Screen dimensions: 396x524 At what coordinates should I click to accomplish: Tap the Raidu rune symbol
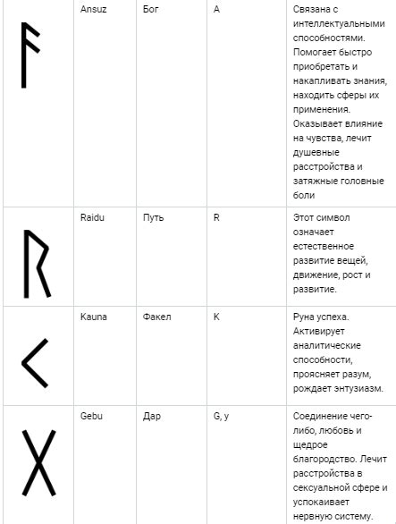[x=36, y=264]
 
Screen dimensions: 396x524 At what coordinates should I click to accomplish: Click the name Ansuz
[x=94, y=8]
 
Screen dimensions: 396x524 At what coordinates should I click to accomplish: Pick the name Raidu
[x=92, y=217]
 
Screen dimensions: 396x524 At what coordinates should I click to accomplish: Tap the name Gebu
[x=91, y=417]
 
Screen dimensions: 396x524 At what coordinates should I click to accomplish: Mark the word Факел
[x=156, y=317]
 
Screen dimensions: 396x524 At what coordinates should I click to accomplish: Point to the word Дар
[x=151, y=417]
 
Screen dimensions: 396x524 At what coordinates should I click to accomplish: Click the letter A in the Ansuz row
[x=217, y=8]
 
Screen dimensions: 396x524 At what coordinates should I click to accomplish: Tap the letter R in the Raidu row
[x=216, y=217]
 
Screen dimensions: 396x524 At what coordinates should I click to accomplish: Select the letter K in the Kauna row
[x=216, y=317]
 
